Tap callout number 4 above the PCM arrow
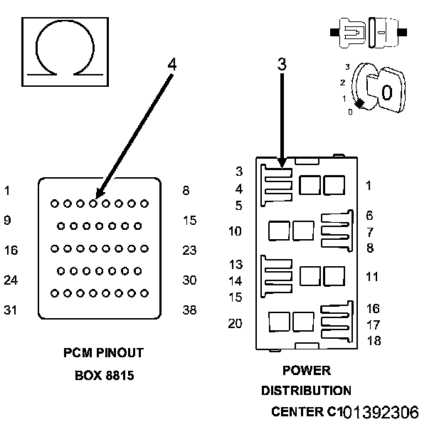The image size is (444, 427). tap(172, 64)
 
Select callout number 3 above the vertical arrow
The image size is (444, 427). tap(282, 64)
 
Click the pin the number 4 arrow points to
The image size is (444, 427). tap(93, 204)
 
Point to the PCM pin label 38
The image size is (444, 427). tap(189, 310)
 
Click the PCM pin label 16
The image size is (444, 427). tap(11, 251)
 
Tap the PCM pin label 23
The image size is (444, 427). tap(189, 251)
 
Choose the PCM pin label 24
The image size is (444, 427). tap(11, 280)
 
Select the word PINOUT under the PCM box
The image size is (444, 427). tap(120, 353)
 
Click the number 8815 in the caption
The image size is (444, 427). tap(120, 376)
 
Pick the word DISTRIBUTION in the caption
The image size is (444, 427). tap(306, 391)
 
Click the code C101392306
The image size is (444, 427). tap(373, 412)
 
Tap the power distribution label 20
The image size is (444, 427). tap(235, 323)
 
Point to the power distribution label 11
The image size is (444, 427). tap(372, 277)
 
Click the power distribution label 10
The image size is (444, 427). tap(235, 231)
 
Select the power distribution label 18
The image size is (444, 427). tap(374, 341)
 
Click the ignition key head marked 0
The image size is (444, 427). tap(386, 90)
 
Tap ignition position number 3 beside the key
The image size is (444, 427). tap(347, 67)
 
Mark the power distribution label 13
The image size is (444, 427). tap(236, 265)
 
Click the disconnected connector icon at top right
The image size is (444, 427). tap(369, 33)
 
